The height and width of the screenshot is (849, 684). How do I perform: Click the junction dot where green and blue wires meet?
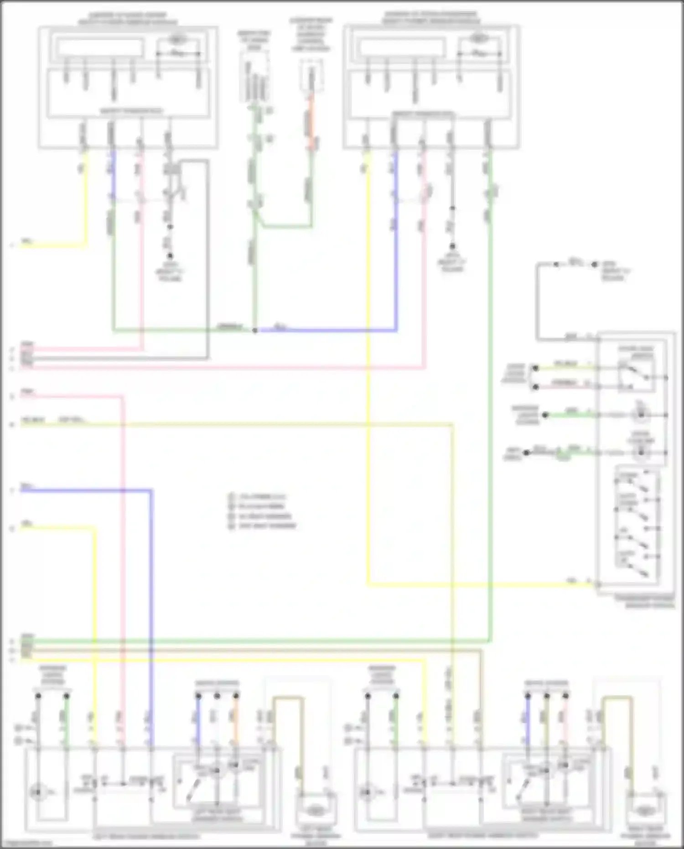click(255, 330)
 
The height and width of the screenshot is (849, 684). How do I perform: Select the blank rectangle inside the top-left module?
click(99, 47)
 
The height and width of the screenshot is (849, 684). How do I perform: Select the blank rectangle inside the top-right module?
click(401, 48)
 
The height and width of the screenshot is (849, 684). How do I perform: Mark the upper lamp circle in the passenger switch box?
click(641, 415)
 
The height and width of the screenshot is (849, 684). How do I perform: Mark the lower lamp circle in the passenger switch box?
click(641, 452)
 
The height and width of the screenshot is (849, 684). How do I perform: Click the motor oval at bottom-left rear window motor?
click(314, 811)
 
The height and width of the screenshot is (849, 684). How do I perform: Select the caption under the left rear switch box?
click(146, 836)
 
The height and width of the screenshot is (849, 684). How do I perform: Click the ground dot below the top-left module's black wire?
click(170, 256)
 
